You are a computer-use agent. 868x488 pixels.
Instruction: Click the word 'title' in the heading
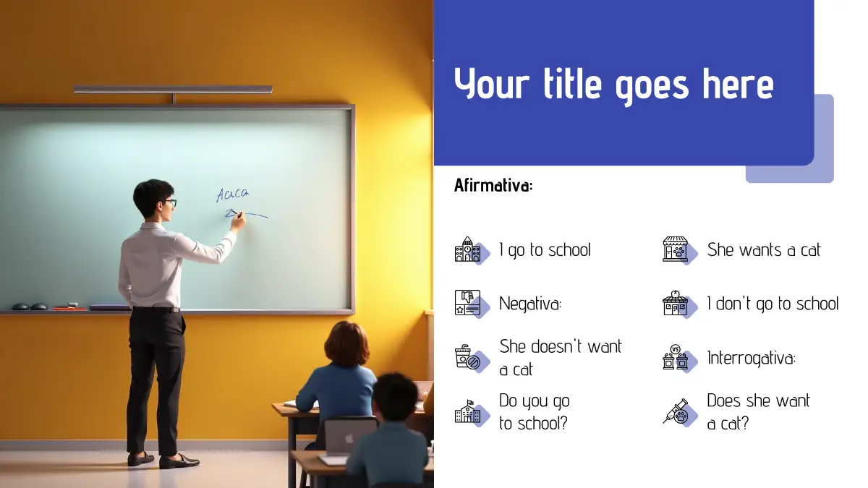pyautogui.click(x=572, y=84)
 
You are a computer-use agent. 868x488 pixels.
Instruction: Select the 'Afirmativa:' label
pyautogui.click(x=493, y=185)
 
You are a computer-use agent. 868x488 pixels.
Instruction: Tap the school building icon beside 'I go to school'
pyautogui.click(x=468, y=250)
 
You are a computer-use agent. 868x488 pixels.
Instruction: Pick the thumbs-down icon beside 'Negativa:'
pyautogui.click(x=468, y=302)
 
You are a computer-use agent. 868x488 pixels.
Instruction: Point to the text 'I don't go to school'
pyautogui.click(x=773, y=303)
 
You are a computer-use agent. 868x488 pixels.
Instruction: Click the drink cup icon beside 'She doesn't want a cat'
pyautogui.click(x=467, y=356)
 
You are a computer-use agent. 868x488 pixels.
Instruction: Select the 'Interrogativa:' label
pyautogui.click(x=751, y=357)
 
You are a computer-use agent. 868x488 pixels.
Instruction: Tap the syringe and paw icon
pyautogui.click(x=676, y=411)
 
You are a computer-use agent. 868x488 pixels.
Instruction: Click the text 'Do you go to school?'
pyautogui.click(x=535, y=411)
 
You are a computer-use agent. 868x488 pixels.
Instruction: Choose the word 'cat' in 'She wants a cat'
pyautogui.click(x=810, y=250)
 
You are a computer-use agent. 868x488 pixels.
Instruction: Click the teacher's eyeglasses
pyautogui.click(x=170, y=203)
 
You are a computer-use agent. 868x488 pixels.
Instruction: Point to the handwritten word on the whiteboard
pyautogui.click(x=232, y=194)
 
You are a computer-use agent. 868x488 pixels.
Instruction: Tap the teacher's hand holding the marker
pyautogui.click(x=237, y=221)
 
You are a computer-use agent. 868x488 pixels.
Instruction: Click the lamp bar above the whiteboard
pyautogui.click(x=173, y=90)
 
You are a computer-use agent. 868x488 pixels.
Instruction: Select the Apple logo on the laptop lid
pyautogui.click(x=349, y=438)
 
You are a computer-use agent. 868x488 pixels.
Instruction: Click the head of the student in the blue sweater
pyautogui.click(x=346, y=344)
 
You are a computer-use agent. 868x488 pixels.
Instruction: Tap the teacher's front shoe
pyautogui.click(x=179, y=461)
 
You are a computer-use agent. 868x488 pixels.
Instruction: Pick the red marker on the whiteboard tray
pyautogui.click(x=69, y=309)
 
